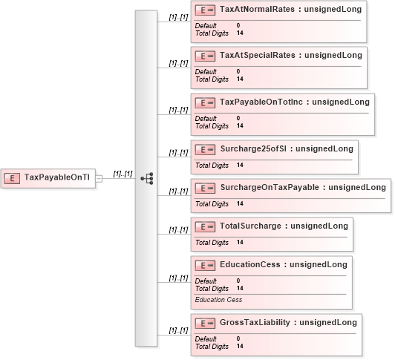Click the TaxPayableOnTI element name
point(57,177)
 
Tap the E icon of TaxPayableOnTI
point(12,178)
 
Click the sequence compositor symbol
point(147,178)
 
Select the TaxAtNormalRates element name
point(257,9)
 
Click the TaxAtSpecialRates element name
point(258,55)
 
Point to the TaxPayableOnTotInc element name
point(261,102)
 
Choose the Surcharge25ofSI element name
point(253,148)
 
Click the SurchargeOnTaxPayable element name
point(270,187)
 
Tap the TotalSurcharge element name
point(250,226)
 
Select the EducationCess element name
point(250,264)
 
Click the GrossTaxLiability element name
point(255,322)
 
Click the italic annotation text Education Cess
point(218,300)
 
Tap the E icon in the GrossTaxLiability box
point(205,323)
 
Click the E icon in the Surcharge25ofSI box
point(205,150)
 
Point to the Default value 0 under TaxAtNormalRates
point(238,25)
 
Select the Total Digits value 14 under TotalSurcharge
point(240,242)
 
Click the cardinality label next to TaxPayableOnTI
point(123,174)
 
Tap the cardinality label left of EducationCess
point(179,278)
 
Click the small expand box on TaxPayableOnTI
point(99,179)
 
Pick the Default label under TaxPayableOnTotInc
point(206,119)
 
